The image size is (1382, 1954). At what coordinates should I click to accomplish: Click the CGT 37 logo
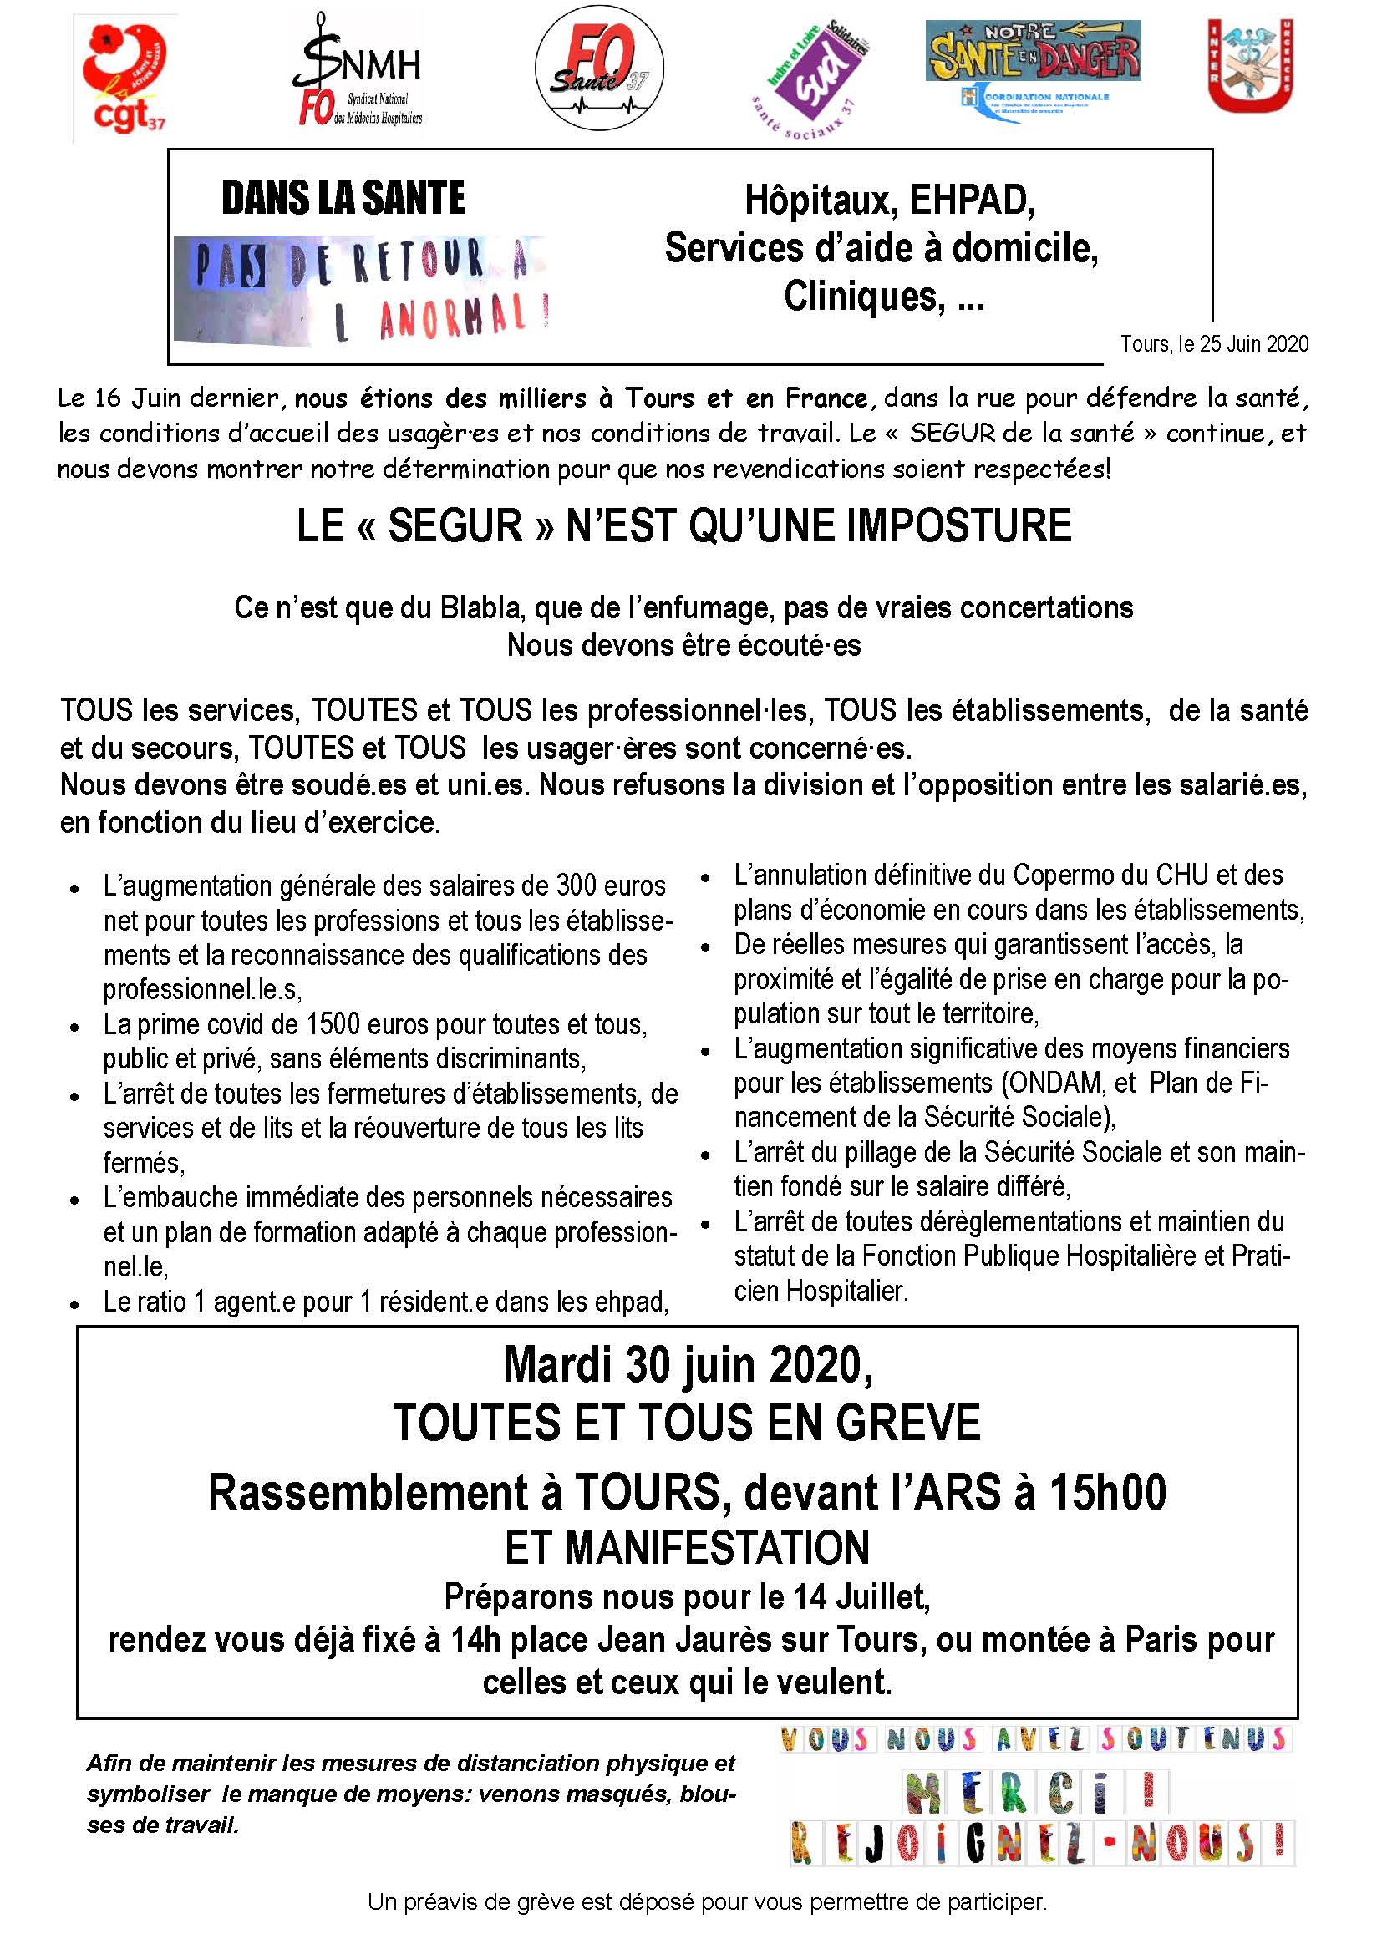pyautogui.click(x=124, y=79)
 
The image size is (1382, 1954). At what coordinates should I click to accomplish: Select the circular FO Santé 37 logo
pyautogui.click(x=599, y=68)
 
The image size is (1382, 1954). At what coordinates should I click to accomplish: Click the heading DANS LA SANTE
pyautogui.click(x=343, y=198)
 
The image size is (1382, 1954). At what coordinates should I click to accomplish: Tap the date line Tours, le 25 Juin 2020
pyautogui.click(x=1213, y=344)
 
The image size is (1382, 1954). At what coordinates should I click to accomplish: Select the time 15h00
pyautogui.click(x=1107, y=1492)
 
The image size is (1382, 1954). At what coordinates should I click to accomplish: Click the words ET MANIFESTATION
pyautogui.click(x=687, y=1546)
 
